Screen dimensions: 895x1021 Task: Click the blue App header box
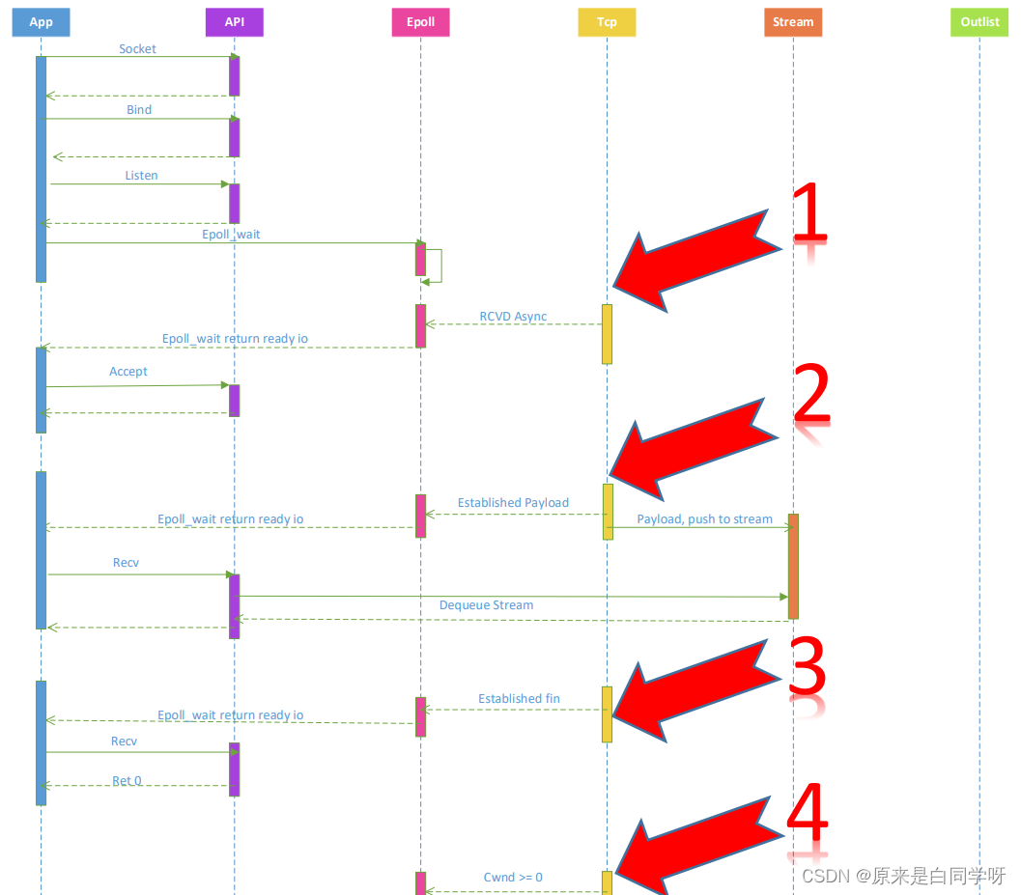pyautogui.click(x=41, y=22)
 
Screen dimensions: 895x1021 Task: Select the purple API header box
pyautogui.click(x=234, y=22)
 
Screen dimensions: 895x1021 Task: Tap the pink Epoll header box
pyautogui.click(x=420, y=22)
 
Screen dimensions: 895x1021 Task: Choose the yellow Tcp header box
pyautogui.click(x=607, y=22)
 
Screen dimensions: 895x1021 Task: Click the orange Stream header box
pyautogui.click(x=793, y=22)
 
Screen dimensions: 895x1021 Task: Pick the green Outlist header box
pyautogui.click(x=979, y=22)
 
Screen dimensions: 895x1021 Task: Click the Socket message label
pyautogui.click(x=137, y=48)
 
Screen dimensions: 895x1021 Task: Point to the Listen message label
pyautogui.click(x=141, y=176)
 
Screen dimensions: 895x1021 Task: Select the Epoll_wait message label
pyautogui.click(x=231, y=235)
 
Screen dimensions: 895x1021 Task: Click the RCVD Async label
pyautogui.click(x=513, y=317)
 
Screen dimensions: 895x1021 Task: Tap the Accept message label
pyautogui.click(x=128, y=372)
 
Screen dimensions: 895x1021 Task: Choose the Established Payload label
pyautogui.click(x=513, y=503)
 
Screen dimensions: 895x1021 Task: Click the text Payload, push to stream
pyautogui.click(x=704, y=519)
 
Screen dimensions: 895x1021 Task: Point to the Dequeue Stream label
pyautogui.click(x=486, y=605)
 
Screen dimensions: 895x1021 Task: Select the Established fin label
pyautogui.click(x=519, y=699)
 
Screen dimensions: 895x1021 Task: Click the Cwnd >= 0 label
pyautogui.click(x=513, y=878)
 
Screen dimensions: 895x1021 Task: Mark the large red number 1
pyautogui.click(x=809, y=214)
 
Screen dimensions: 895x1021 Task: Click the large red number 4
pyautogui.click(x=808, y=816)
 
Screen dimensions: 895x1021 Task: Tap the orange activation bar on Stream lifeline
pyautogui.click(x=793, y=566)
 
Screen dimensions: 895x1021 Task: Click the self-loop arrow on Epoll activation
pyautogui.click(x=437, y=266)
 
